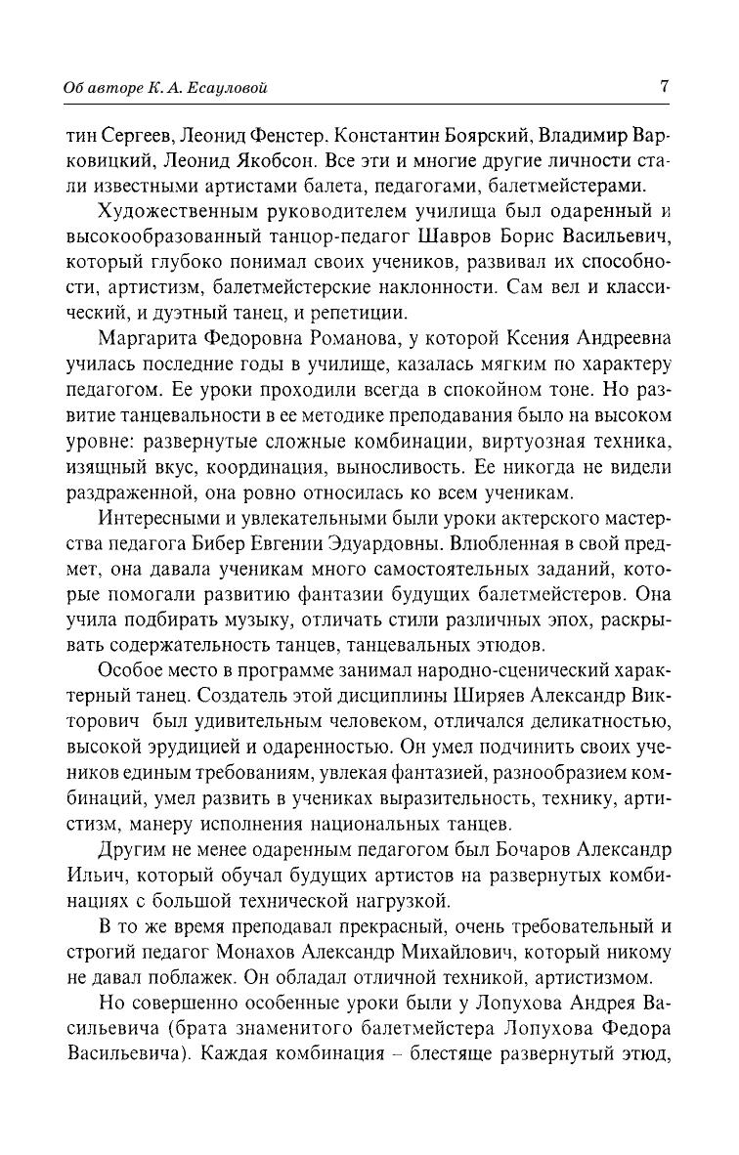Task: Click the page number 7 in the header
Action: point(664,86)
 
